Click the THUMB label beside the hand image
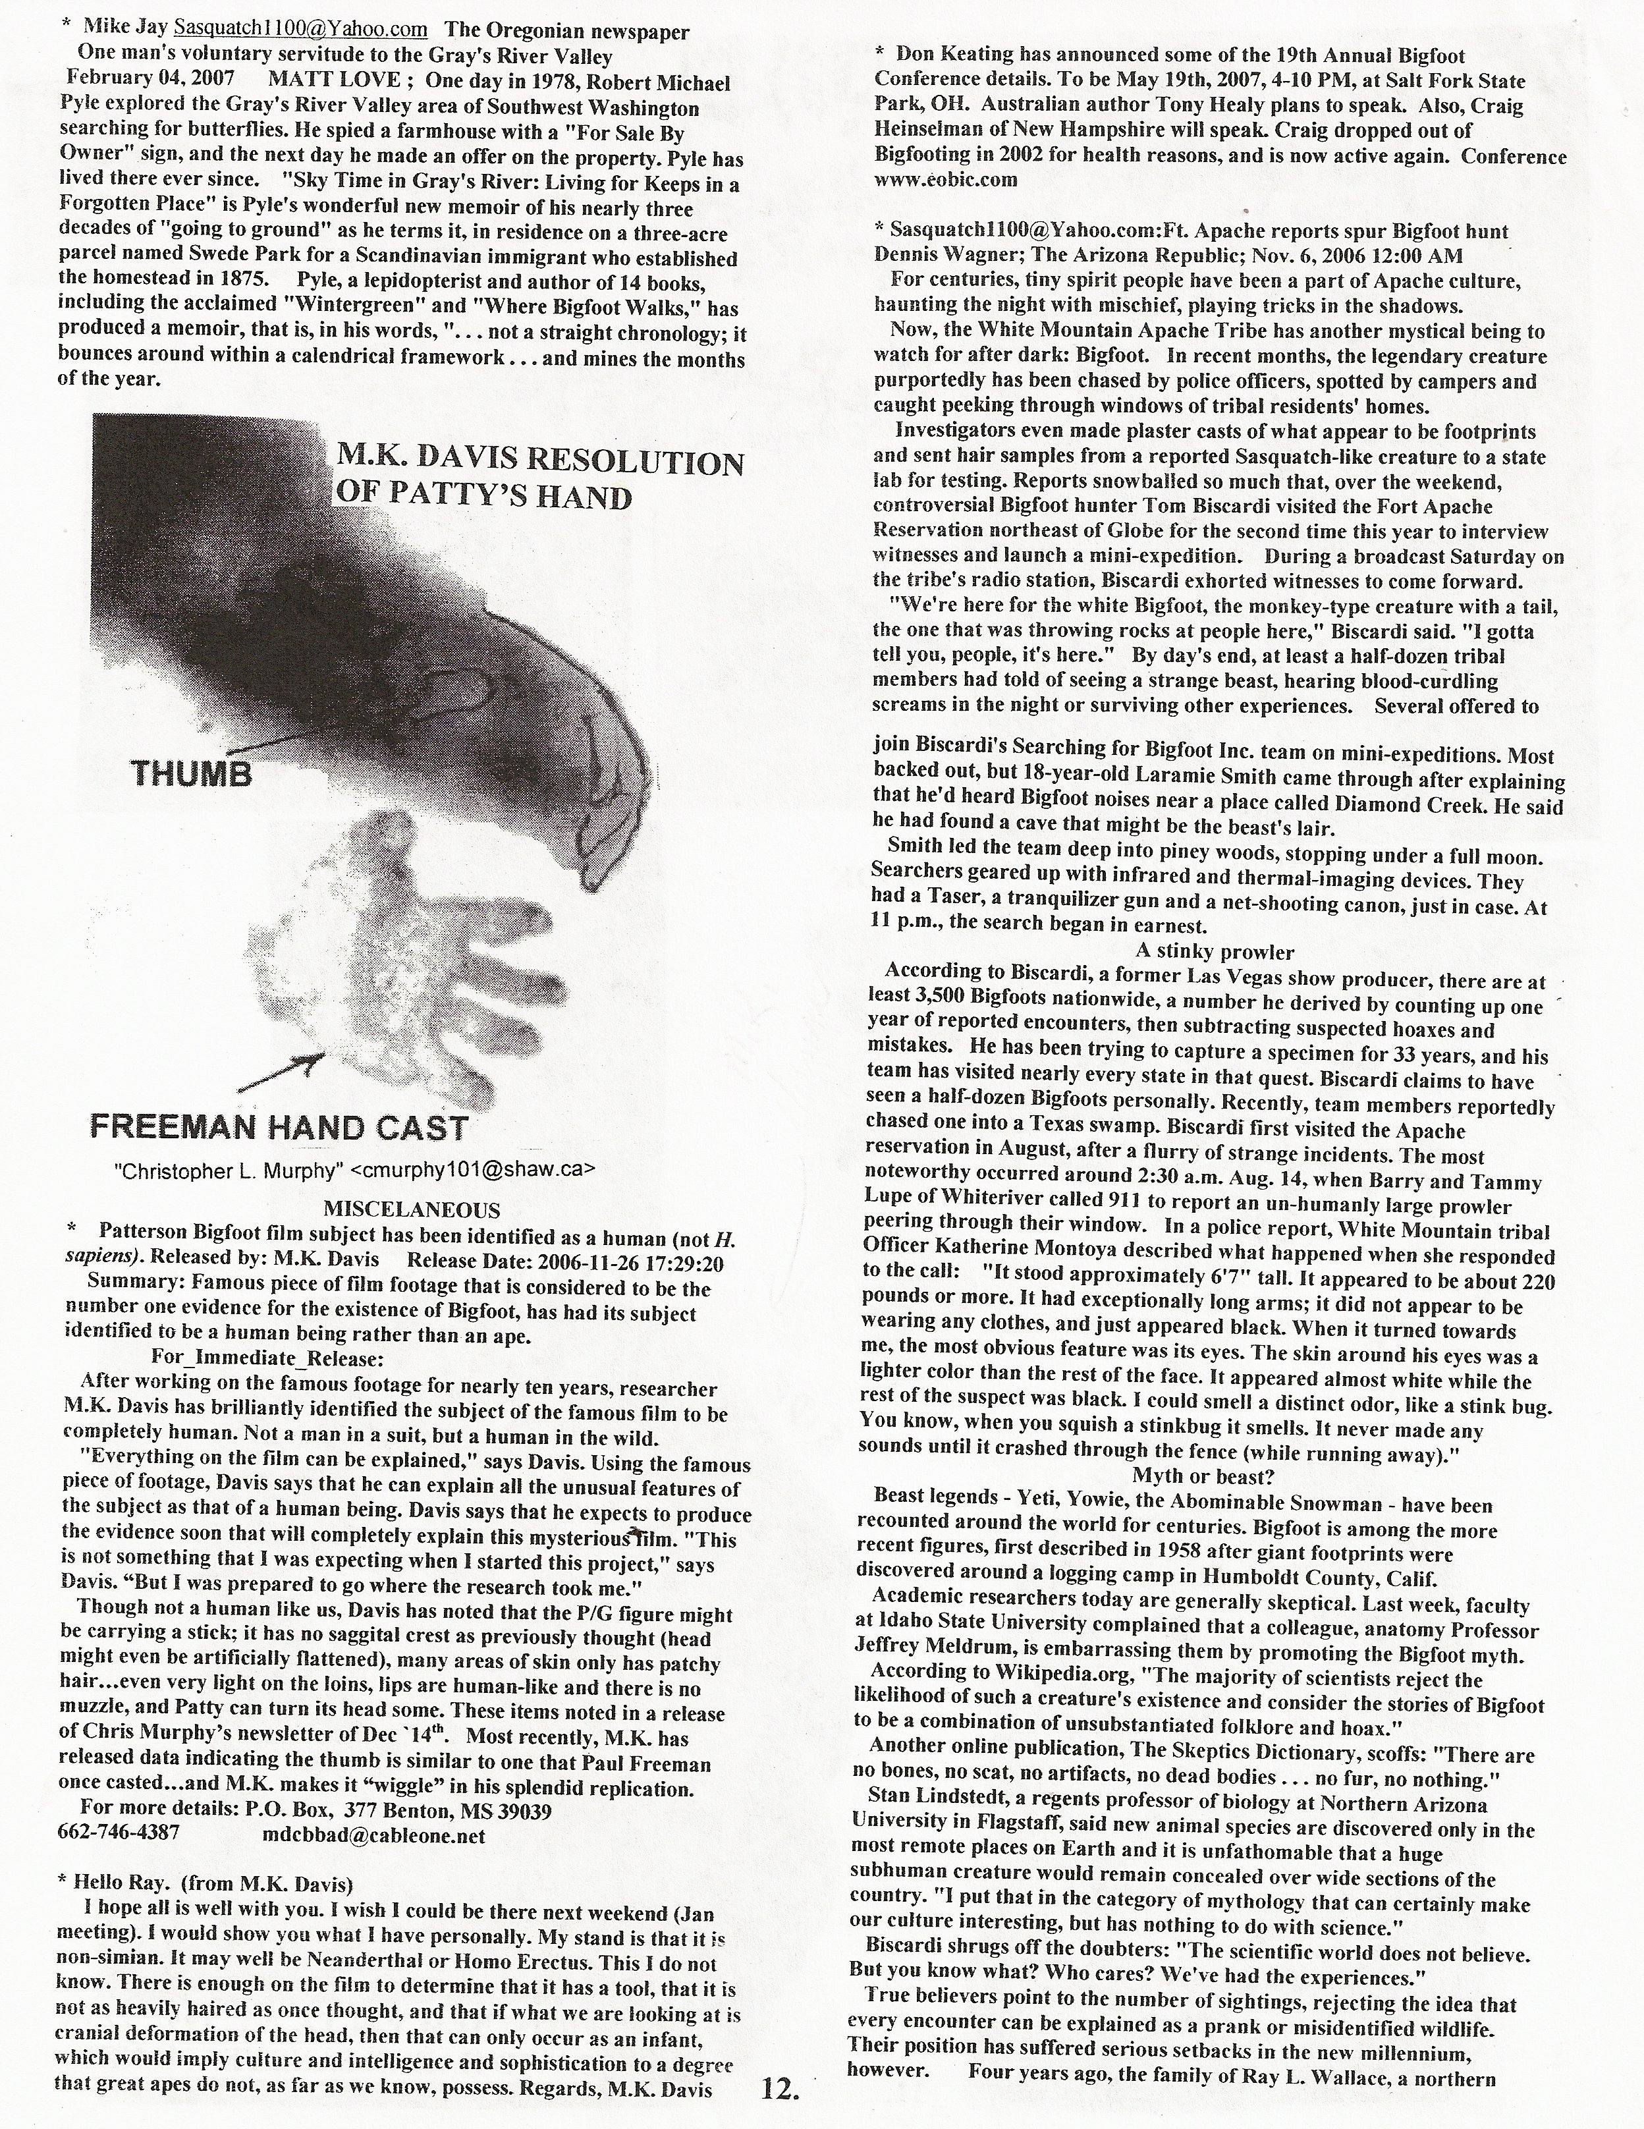point(192,774)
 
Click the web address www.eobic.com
point(945,179)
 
